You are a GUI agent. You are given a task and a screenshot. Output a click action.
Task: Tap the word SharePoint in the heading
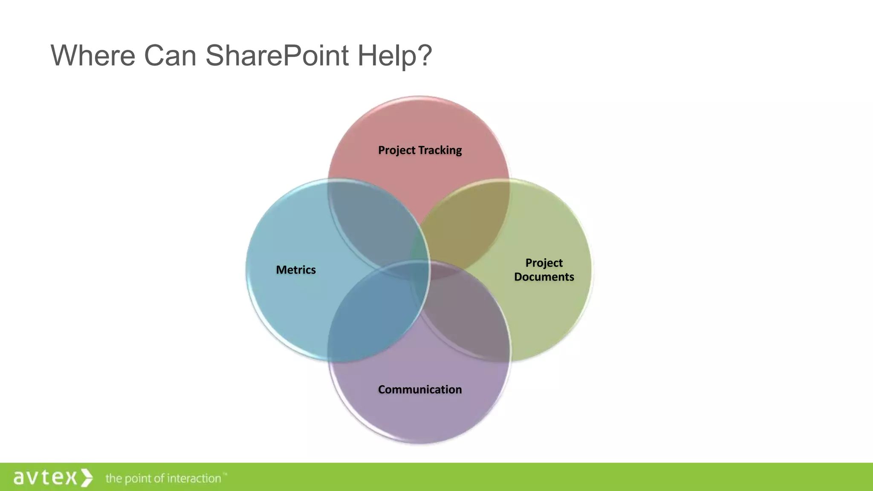coord(277,55)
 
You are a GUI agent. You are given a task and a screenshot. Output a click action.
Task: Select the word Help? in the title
coord(395,55)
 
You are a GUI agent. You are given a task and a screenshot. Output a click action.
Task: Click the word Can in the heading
coord(170,55)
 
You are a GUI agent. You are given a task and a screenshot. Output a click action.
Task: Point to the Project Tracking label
coord(420,150)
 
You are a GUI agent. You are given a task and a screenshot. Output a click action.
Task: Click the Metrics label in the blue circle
coord(296,270)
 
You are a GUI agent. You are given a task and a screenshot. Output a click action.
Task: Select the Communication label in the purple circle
coord(420,390)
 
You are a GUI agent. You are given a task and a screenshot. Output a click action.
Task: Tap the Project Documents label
coord(544,270)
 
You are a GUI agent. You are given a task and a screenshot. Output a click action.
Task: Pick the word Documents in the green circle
coord(544,277)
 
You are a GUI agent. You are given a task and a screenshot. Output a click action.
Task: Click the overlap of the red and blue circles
coord(371,222)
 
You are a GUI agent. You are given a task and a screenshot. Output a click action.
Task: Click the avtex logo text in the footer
coord(45,477)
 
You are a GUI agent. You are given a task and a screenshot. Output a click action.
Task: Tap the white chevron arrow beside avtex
coord(87,477)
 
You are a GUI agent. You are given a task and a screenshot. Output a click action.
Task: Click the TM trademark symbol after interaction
coord(225,474)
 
